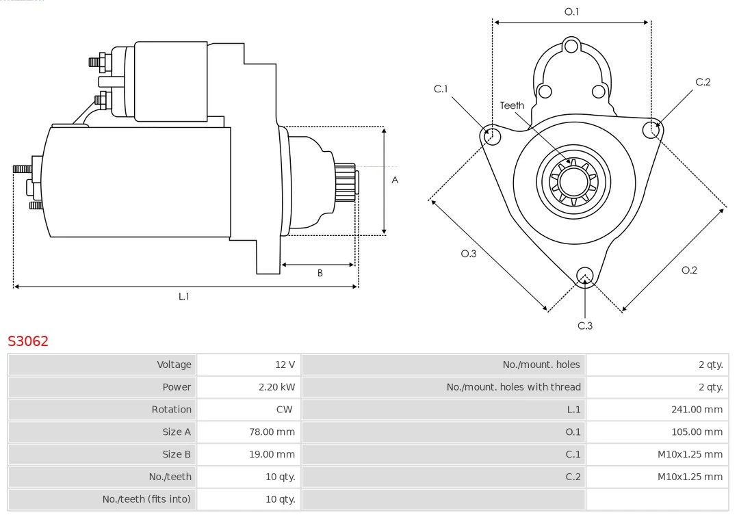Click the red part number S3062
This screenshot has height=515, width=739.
28,341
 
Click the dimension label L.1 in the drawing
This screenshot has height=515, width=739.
183,296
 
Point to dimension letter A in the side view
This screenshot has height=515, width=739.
395,181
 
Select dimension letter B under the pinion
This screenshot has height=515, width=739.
320,273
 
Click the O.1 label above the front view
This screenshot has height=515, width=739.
571,12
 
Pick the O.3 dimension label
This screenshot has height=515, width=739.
468,254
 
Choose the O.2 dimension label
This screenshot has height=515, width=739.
689,270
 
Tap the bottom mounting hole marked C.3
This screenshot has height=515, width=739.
584,276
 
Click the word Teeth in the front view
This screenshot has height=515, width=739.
512,105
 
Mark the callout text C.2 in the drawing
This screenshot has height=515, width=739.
703,82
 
